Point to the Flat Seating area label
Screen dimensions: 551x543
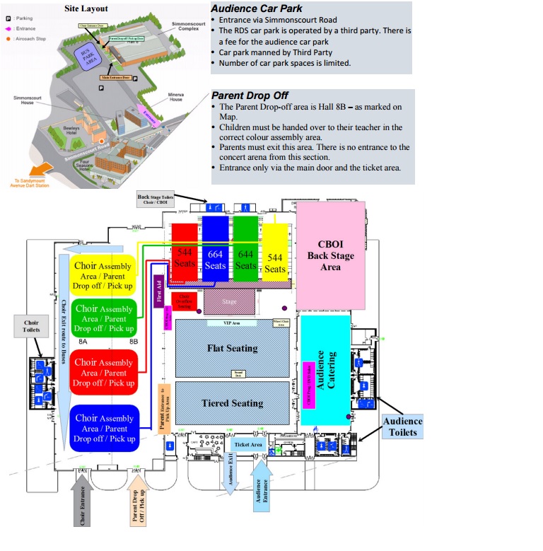point(232,348)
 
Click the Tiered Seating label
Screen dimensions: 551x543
point(232,403)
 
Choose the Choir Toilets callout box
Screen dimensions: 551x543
point(30,326)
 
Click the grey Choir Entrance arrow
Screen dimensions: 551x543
point(83,502)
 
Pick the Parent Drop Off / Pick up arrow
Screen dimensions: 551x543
point(137,502)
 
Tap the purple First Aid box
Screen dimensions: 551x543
point(159,290)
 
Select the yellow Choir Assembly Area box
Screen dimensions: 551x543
point(103,275)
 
